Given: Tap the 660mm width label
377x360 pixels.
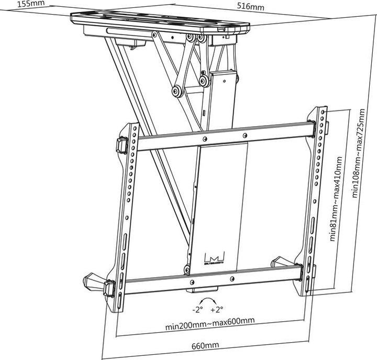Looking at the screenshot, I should pos(205,345).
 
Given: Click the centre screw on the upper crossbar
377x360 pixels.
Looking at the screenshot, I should pos(204,138).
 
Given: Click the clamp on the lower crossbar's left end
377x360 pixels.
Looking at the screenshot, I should pos(110,288).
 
